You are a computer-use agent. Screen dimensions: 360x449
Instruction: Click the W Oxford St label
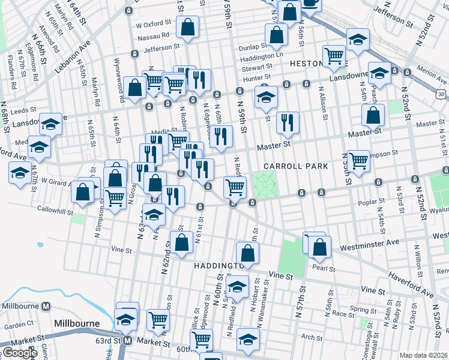pyautogui.click(x=154, y=25)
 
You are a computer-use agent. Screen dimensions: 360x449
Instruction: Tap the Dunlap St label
pyautogui.click(x=253, y=46)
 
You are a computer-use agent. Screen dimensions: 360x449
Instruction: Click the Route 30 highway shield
pyautogui.click(x=442, y=94)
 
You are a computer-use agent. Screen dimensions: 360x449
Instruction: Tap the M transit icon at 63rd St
pyautogui.click(x=127, y=341)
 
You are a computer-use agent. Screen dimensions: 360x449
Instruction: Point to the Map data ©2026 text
pyautogui.click(x=424, y=355)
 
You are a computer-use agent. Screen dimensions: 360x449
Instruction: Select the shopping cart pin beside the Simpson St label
pyautogui.click(x=358, y=161)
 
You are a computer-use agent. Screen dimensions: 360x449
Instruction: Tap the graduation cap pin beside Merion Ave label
pyautogui.click(x=379, y=73)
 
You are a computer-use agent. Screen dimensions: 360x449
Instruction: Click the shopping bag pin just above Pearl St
pyautogui.click(x=321, y=246)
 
